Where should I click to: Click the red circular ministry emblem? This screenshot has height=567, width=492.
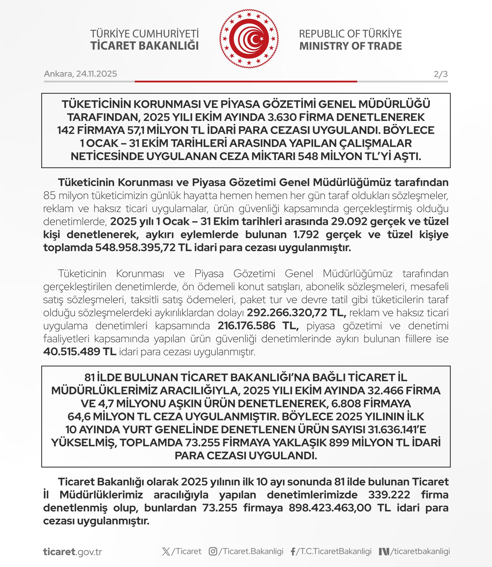click(x=249, y=39)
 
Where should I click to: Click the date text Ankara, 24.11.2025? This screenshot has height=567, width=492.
click(x=80, y=74)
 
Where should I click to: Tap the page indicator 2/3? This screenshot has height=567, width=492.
click(x=440, y=74)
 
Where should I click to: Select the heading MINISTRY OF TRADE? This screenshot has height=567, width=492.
click(x=350, y=46)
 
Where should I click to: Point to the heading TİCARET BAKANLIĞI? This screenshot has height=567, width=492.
click(x=144, y=46)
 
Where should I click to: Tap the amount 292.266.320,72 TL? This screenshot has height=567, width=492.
click(x=296, y=313)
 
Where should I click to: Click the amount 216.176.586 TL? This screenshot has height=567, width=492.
click(x=258, y=326)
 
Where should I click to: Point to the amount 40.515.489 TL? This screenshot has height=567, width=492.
click(x=80, y=352)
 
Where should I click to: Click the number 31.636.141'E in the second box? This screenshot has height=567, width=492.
click(x=397, y=430)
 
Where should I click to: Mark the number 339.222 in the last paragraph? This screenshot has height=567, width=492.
click(x=389, y=495)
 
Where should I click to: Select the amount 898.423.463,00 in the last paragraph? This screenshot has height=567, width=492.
click(x=330, y=508)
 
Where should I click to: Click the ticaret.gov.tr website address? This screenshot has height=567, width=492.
click(x=73, y=552)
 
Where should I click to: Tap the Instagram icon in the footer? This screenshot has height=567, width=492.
click(x=213, y=551)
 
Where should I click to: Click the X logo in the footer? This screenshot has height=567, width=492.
click(x=166, y=551)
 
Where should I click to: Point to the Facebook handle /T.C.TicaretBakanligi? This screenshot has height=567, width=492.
click(x=334, y=551)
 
